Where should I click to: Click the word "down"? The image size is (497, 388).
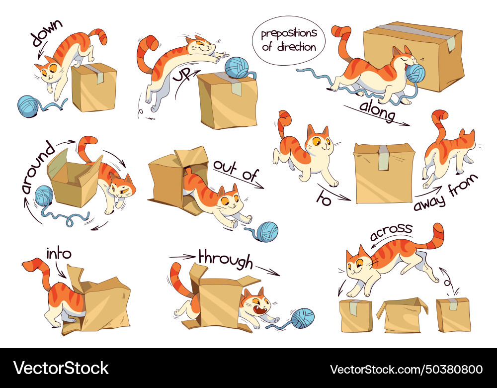pyautogui.click(x=46, y=33)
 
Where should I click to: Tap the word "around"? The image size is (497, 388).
pyautogui.click(x=36, y=167)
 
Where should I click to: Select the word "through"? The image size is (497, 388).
pyautogui.click(x=225, y=258)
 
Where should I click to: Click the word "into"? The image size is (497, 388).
pyautogui.click(x=59, y=254)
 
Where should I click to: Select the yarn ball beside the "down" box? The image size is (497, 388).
pyautogui.click(x=29, y=105)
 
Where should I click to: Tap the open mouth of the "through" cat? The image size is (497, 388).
pyautogui.click(x=259, y=311)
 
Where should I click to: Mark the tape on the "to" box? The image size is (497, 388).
pyautogui.click(x=383, y=158)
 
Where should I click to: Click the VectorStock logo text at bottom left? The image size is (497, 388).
pyautogui.click(x=61, y=369)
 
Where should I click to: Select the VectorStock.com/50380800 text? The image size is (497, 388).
pyautogui.click(x=406, y=369)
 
